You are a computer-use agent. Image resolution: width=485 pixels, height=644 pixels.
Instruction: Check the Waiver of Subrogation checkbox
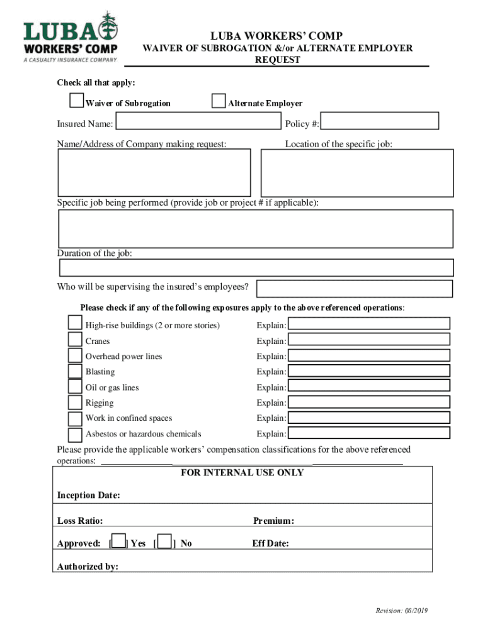(x=77, y=101)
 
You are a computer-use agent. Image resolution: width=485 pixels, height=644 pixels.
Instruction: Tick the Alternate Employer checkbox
(x=219, y=101)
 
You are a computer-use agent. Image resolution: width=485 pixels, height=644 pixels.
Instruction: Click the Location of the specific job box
(x=357, y=173)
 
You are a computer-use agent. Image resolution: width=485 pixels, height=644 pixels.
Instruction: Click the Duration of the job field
(x=256, y=267)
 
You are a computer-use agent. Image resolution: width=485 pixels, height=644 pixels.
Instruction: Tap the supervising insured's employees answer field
(x=354, y=289)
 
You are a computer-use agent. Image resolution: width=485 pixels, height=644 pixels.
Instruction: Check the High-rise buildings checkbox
(x=75, y=324)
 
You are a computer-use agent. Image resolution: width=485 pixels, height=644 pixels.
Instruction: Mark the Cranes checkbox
(x=75, y=340)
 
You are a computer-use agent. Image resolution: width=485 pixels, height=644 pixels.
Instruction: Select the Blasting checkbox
(x=75, y=371)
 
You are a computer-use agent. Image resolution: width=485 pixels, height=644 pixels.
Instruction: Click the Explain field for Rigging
(x=369, y=402)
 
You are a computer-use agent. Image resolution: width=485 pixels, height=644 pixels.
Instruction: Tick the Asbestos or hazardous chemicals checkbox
(x=75, y=434)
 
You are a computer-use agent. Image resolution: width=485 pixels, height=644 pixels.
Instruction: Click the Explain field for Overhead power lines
(x=369, y=355)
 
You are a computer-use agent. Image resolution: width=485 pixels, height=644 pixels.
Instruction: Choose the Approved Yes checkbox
(x=118, y=542)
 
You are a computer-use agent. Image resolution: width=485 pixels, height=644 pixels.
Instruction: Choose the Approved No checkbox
(x=164, y=542)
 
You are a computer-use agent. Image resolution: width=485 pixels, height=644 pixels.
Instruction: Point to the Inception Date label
(x=88, y=496)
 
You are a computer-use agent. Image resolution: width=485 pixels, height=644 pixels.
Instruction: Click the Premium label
(x=273, y=521)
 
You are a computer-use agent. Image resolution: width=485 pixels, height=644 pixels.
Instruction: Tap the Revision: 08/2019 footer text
(x=402, y=611)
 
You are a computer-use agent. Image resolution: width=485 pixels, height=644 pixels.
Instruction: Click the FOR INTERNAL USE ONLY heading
(x=242, y=473)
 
